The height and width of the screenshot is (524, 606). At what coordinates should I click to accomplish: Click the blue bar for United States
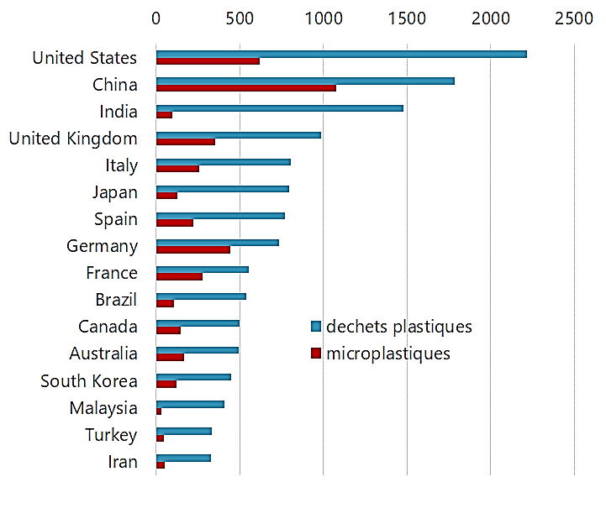(x=341, y=55)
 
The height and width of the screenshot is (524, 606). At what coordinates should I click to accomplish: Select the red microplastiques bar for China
(x=246, y=88)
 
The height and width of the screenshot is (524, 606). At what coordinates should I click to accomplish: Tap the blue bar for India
(x=280, y=108)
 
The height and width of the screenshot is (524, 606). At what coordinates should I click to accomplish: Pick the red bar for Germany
(x=193, y=249)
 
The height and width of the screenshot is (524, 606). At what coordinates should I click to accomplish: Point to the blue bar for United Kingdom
(x=239, y=135)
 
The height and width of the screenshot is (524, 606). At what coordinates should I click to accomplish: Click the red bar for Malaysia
(x=159, y=411)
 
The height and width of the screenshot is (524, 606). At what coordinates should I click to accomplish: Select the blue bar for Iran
(x=183, y=458)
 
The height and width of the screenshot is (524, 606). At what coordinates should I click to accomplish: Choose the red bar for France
(x=179, y=276)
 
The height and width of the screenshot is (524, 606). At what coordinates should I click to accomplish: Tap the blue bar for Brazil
(x=201, y=296)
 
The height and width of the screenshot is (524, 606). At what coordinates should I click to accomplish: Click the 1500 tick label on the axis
(x=407, y=18)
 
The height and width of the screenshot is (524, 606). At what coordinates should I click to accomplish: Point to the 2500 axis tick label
(x=574, y=18)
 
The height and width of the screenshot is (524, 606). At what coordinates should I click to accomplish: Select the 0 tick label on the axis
(x=156, y=18)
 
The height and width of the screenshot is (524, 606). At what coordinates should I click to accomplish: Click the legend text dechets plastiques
(x=399, y=327)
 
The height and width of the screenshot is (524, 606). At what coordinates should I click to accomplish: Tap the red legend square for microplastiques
(x=316, y=354)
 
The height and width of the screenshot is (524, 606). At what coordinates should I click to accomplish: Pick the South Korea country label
(x=89, y=381)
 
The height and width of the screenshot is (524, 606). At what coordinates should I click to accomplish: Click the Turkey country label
(x=111, y=435)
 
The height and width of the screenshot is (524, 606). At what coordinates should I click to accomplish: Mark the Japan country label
(x=115, y=192)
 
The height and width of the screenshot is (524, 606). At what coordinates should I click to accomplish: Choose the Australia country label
(x=103, y=354)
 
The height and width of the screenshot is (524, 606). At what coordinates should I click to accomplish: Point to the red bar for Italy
(x=177, y=169)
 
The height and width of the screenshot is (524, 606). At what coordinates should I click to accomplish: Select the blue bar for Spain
(x=220, y=216)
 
